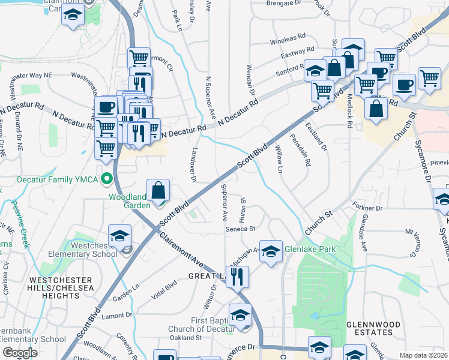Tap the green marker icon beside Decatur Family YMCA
pos(107,179)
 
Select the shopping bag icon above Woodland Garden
pos(157,190)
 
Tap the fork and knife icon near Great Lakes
pos(238,277)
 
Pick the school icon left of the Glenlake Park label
pos(271,250)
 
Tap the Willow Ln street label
pos(279,159)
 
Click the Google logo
pos(20,353)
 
